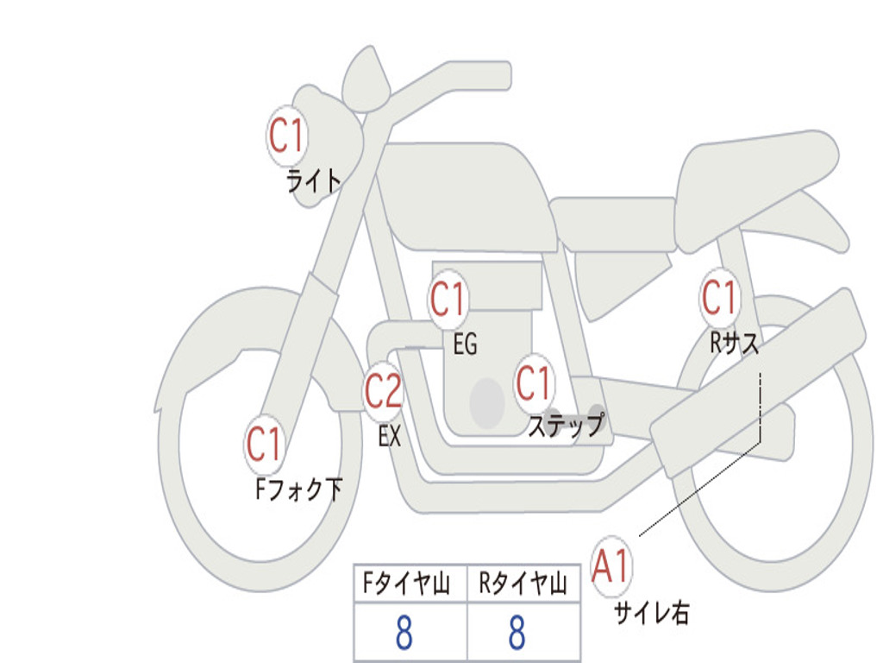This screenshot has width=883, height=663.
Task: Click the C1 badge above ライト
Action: tap(287, 136)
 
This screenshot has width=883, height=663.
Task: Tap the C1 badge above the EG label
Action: tap(448, 299)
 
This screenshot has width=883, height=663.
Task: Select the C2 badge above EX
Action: tap(384, 391)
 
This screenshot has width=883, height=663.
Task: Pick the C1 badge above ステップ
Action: tap(534, 383)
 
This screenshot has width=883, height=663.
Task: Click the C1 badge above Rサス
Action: tap(720, 297)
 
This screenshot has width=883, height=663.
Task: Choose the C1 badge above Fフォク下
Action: tap(264, 444)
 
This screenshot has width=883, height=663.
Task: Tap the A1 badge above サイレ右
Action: tap(611, 566)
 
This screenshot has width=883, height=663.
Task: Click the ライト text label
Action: tap(314, 181)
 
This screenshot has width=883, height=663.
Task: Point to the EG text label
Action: tap(465, 344)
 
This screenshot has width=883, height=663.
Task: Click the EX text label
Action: tap(390, 436)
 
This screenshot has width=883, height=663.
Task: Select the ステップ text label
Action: tap(566, 425)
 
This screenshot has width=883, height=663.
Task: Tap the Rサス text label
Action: tap(735, 342)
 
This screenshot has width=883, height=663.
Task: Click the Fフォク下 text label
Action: tap(299, 489)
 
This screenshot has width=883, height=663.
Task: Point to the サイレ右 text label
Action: tap(652, 613)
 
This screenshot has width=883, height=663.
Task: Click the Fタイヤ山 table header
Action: tap(407, 583)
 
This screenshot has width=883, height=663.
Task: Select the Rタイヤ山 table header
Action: tap(523, 583)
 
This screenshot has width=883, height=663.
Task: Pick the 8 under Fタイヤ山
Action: tap(404, 633)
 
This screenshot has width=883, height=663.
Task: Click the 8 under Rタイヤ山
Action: tap(517, 633)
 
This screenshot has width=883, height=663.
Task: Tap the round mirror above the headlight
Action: tap(366, 80)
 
